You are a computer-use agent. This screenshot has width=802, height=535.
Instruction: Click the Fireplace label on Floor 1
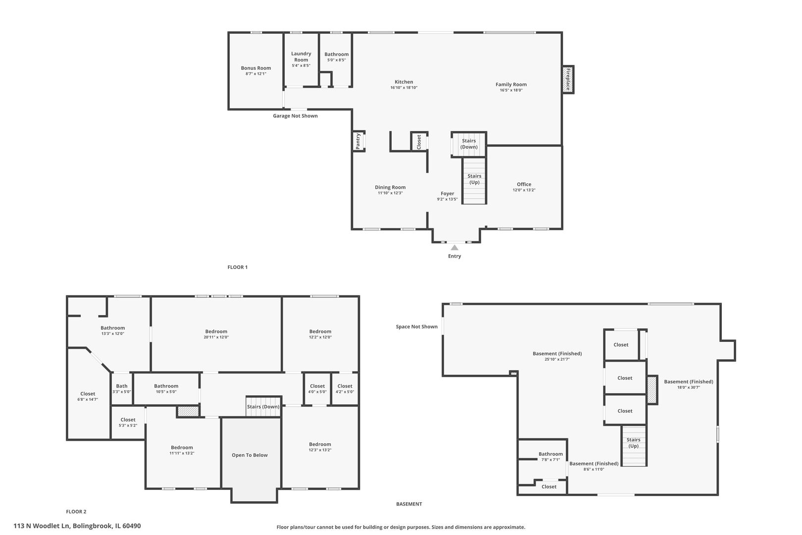(x=568, y=79)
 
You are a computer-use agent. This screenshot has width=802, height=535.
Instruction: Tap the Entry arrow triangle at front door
(x=454, y=247)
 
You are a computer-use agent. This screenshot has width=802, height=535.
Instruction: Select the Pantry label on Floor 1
(x=358, y=141)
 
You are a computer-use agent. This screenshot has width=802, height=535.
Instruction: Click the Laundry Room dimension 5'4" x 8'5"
(x=301, y=65)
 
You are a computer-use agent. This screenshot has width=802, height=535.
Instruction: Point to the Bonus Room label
(x=256, y=68)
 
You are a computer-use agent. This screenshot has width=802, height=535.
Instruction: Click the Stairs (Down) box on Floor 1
(x=469, y=144)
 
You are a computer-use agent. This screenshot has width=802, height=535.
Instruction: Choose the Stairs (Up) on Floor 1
(x=474, y=179)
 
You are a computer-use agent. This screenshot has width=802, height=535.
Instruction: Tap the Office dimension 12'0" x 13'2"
(x=524, y=190)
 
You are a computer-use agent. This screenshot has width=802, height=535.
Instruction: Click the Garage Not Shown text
(x=295, y=116)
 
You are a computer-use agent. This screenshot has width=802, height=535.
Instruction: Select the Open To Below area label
(x=250, y=455)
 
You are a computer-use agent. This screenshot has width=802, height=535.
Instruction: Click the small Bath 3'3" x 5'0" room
(x=122, y=388)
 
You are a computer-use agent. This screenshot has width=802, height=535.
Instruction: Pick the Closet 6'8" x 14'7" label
(x=88, y=396)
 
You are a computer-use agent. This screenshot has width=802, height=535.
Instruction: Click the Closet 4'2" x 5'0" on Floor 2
(x=345, y=388)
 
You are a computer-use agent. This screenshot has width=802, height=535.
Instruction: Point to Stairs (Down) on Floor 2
(x=263, y=407)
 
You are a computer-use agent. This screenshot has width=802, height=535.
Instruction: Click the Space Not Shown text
(x=416, y=326)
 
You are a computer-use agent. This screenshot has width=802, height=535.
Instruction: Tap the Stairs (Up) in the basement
(x=634, y=443)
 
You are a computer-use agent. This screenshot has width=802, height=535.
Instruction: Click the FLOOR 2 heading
(x=76, y=512)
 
